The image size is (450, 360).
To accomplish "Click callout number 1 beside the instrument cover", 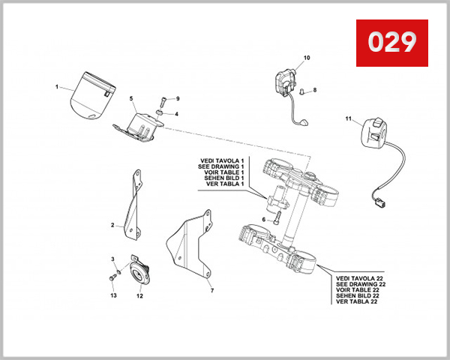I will point(56,87).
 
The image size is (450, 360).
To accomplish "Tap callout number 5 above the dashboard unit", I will point(131,98).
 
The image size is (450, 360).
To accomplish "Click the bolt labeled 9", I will point(162,103).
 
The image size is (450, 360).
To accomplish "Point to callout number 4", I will point(177,114).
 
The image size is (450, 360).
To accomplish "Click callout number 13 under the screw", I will point(113,295).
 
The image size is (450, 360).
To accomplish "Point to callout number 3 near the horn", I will point(113,259).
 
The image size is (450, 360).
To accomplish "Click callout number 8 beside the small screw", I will point(315,90).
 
